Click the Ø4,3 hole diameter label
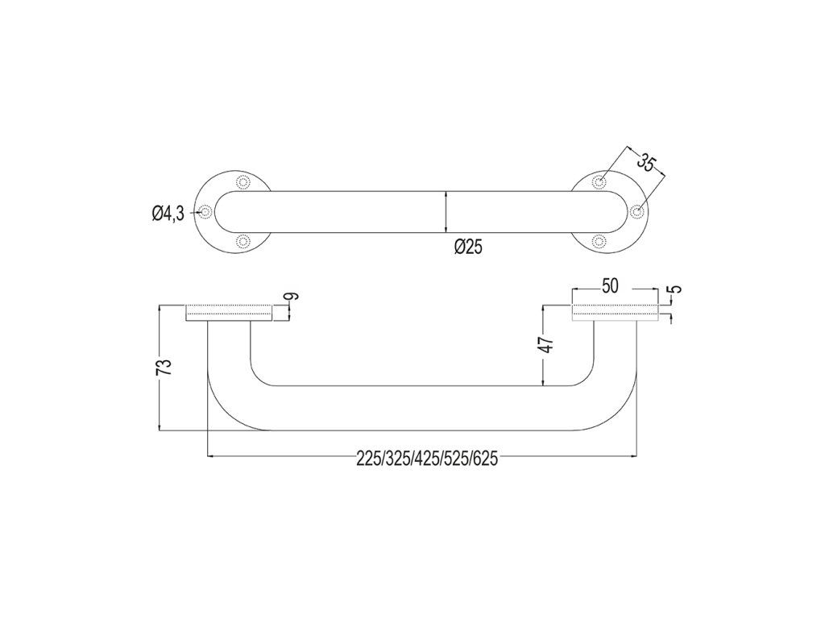pyautogui.click(x=168, y=213)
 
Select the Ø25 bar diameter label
pyautogui.click(x=468, y=247)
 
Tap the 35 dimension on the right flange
pyautogui.click(x=645, y=162)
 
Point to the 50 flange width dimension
pyautogui.click(x=610, y=286)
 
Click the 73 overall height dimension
pyautogui.click(x=165, y=367)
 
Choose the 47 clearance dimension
pyautogui.click(x=548, y=345)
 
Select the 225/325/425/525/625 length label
pyautogui.click(x=427, y=459)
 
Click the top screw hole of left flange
pyautogui.click(x=243, y=181)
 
